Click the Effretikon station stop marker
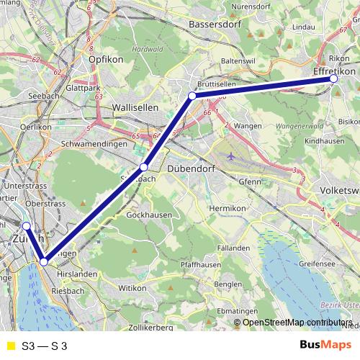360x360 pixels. click(x=333, y=78)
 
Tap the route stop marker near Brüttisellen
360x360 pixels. click(x=192, y=96)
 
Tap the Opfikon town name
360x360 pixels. click(x=106, y=59)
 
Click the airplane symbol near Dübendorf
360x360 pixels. click(x=230, y=156)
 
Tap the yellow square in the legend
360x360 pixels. click(x=10, y=346)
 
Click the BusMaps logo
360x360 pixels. click(x=325, y=346)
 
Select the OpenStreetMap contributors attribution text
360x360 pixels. click(x=297, y=322)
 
